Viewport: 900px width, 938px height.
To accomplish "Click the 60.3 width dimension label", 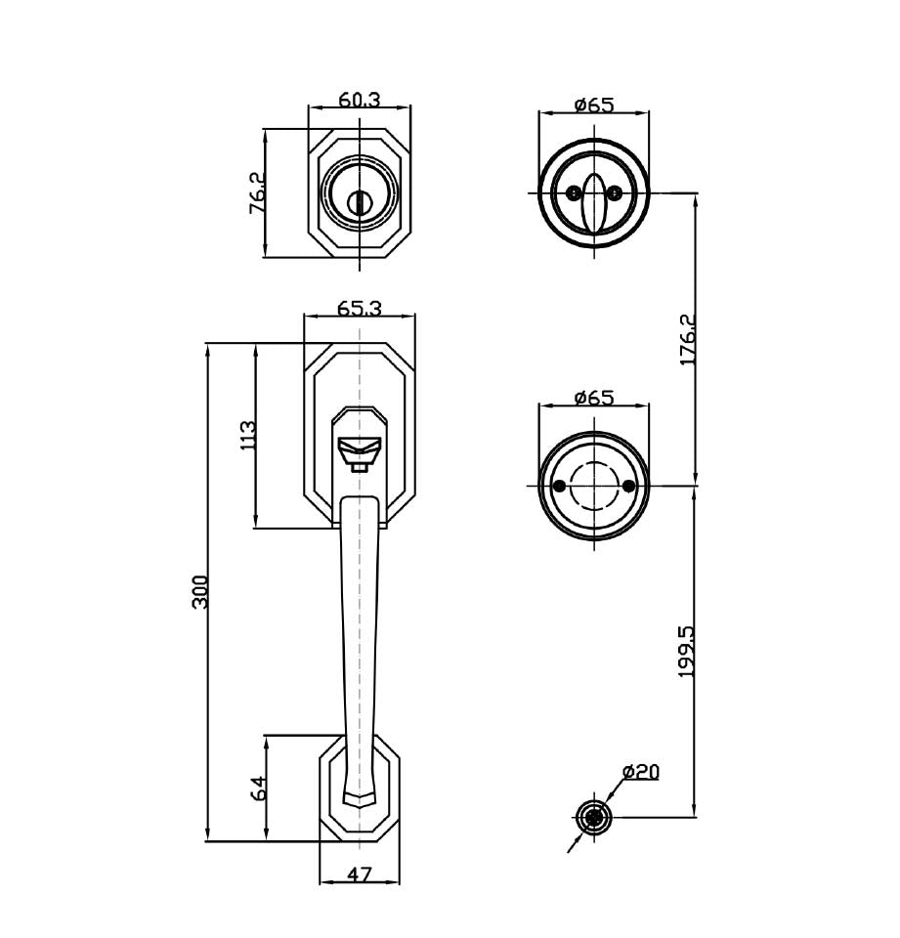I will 360,100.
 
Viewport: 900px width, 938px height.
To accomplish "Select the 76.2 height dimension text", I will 257,193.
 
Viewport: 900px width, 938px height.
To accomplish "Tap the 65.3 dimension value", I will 359,308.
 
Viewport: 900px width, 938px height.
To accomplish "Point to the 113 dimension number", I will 247,435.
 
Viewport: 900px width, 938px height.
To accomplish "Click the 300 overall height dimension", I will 200,592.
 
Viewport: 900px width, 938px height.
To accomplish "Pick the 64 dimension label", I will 258,789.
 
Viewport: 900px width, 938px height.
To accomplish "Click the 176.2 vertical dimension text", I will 688,339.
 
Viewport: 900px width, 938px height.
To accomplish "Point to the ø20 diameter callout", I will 640,772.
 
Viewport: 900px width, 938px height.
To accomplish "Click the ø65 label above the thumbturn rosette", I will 593,105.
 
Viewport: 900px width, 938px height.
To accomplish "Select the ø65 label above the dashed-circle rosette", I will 593,398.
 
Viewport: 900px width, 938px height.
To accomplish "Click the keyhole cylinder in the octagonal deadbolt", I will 360,198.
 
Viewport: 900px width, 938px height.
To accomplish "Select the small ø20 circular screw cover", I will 592,817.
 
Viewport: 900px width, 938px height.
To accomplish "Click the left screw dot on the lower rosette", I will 559,486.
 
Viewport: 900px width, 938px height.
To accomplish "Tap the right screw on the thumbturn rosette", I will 616,192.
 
